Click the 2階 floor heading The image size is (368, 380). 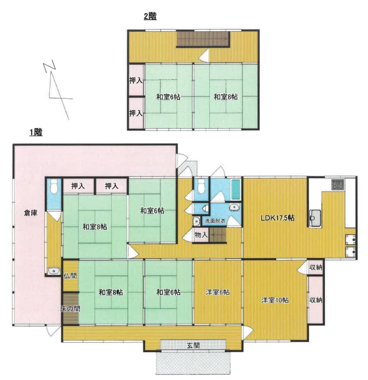click(x=150, y=16)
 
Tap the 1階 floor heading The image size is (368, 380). click(x=36, y=132)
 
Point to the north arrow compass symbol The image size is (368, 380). click(x=58, y=90)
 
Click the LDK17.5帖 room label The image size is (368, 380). click(x=278, y=217)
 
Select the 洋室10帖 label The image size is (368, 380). click(x=275, y=300)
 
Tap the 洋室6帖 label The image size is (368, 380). click(x=217, y=292)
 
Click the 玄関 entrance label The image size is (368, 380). click(x=193, y=346)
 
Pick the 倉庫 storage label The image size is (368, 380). click(x=31, y=213)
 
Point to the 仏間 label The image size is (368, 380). click(x=70, y=276)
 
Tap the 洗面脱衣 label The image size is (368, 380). click(x=215, y=221)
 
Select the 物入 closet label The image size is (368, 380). click(x=201, y=235)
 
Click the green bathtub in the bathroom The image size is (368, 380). click(x=236, y=189)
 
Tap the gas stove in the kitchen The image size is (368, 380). click(x=338, y=185)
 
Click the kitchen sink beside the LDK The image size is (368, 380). click(x=315, y=218)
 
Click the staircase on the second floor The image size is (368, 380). click(x=203, y=39)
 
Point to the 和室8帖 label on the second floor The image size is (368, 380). click(x=226, y=97)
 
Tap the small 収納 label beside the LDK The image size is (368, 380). click(x=316, y=267)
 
